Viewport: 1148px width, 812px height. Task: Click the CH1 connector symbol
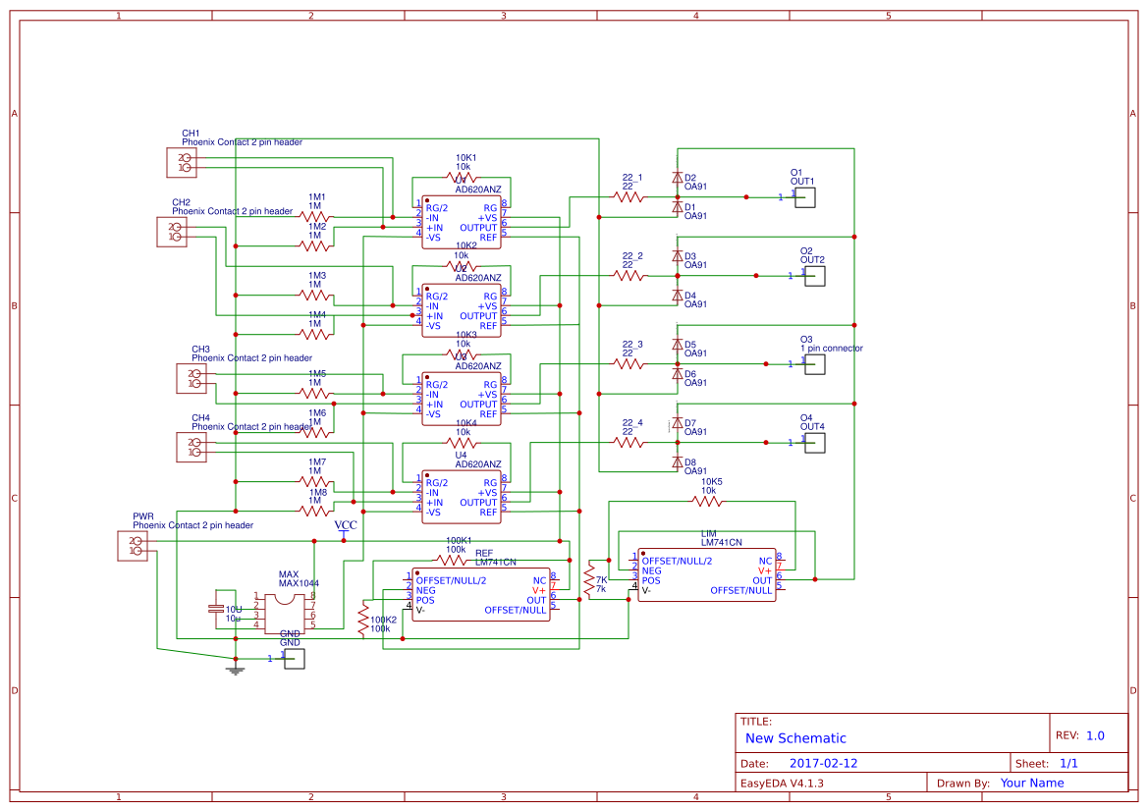click(x=181, y=163)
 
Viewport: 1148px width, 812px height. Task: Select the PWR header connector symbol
click(x=132, y=546)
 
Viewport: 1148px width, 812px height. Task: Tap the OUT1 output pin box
click(x=806, y=197)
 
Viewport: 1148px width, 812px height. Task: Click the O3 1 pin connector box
click(x=815, y=364)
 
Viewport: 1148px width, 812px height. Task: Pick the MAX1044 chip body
click(x=285, y=610)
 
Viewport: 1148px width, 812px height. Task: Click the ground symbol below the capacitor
click(x=235, y=670)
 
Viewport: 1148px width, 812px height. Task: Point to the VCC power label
click(x=346, y=526)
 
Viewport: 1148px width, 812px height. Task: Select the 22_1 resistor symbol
click(x=629, y=197)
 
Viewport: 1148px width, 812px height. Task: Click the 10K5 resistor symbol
click(x=707, y=502)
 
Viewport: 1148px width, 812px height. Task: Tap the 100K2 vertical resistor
click(x=363, y=620)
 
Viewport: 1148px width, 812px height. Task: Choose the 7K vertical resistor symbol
click(x=589, y=580)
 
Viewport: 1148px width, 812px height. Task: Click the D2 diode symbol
click(x=677, y=178)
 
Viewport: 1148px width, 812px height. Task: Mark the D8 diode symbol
click(x=677, y=461)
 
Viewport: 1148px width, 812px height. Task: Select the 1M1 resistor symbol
click(x=316, y=217)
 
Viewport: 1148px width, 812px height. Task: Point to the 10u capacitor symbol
click(x=216, y=610)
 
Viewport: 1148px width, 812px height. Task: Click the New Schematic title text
click(x=795, y=738)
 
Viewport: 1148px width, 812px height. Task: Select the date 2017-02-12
click(x=823, y=763)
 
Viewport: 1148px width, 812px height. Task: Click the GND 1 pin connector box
click(x=295, y=659)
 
